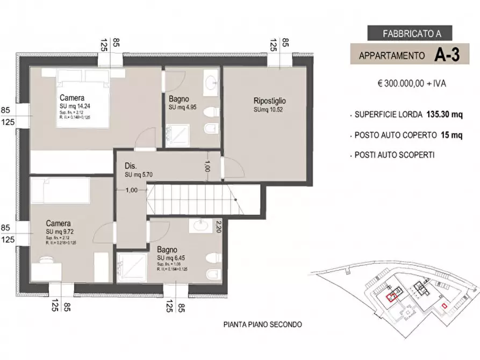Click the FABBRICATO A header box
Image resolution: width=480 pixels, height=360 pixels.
[x=410, y=33]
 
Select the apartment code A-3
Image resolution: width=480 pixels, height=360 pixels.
[x=447, y=55]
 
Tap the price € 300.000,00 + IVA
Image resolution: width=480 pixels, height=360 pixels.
[x=412, y=83]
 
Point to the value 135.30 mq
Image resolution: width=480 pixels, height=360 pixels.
[x=445, y=114]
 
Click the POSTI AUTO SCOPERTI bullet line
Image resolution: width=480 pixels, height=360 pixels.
[x=395, y=155]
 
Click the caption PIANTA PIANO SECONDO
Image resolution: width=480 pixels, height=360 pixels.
[x=262, y=325]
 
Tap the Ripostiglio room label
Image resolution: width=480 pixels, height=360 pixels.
[x=269, y=100]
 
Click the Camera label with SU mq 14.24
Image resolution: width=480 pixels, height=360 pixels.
[x=71, y=98]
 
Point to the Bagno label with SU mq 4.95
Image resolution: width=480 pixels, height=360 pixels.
[x=178, y=99]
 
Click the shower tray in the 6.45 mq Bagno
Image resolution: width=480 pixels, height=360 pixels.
[x=132, y=267]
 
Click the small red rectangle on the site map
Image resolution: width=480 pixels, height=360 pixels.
[x=443, y=306]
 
